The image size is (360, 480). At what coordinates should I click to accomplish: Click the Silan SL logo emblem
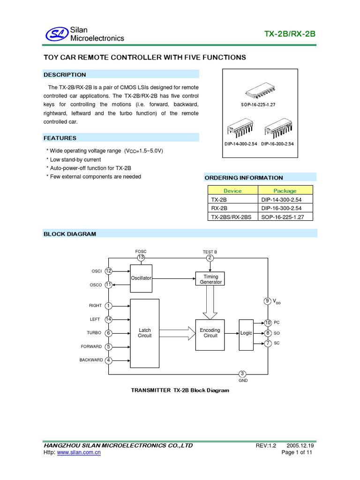pyautogui.click(x=56, y=34)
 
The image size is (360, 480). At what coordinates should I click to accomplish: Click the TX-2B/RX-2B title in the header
pyautogui.click(x=290, y=35)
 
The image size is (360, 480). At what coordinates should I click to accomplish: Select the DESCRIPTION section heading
pyautogui.click(x=65, y=75)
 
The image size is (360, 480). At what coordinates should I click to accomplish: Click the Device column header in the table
pyautogui.click(x=232, y=190)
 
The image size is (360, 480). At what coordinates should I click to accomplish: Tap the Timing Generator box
pyautogui.click(x=210, y=279)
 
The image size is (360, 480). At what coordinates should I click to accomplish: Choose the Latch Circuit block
pyautogui.click(x=144, y=333)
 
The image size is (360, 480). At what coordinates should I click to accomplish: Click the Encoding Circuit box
pyautogui.click(x=210, y=333)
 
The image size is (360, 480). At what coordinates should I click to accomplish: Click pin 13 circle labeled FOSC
pyautogui.click(x=141, y=257)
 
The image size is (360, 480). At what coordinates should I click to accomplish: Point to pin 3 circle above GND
pyautogui.click(x=242, y=374)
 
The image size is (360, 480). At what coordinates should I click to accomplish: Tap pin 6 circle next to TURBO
pyautogui.click(x=108, y=333)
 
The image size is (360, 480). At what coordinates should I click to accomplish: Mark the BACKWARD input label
pyautogui.click(x=91, y=360)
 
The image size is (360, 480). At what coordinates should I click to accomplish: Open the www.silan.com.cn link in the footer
pyautogui.click(x=79, y=452)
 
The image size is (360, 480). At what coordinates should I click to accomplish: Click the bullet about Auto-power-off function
pyautogui.click(x=89, y=168)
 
